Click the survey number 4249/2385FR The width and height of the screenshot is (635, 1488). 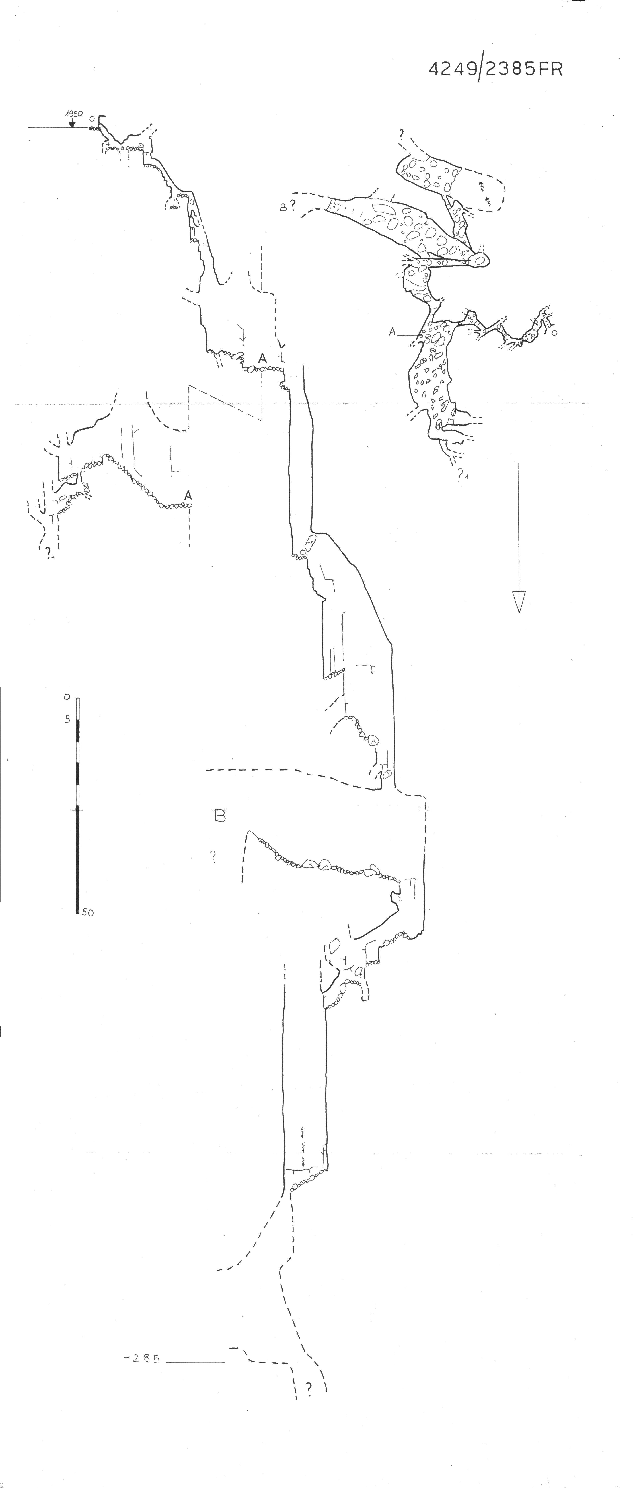point(495,69)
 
